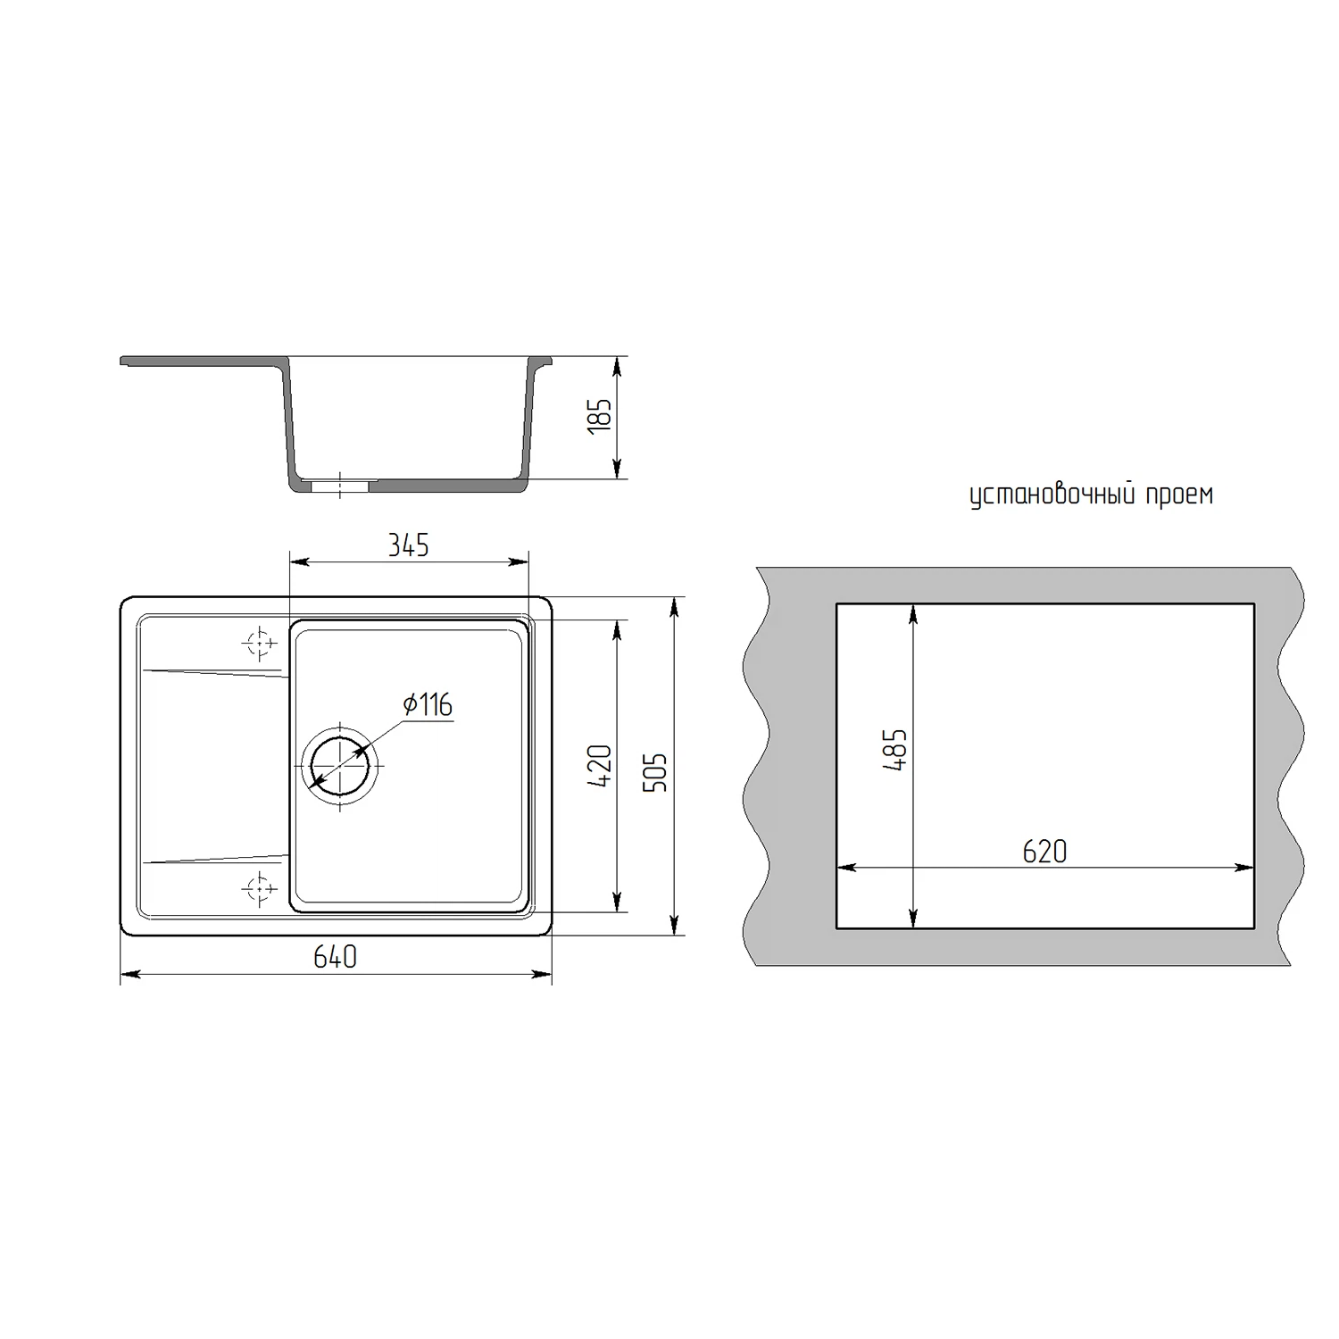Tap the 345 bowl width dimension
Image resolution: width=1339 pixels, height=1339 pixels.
pos(408,545)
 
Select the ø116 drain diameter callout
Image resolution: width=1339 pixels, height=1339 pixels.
pos(428,705)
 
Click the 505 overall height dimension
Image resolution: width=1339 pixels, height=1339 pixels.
pos(655,772)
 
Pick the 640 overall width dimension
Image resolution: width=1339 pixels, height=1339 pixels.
pos(335,957)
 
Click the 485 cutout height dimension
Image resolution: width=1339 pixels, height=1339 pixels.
pos(896,750)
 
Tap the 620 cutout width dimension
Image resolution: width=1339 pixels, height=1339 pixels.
pos(1044,852)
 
